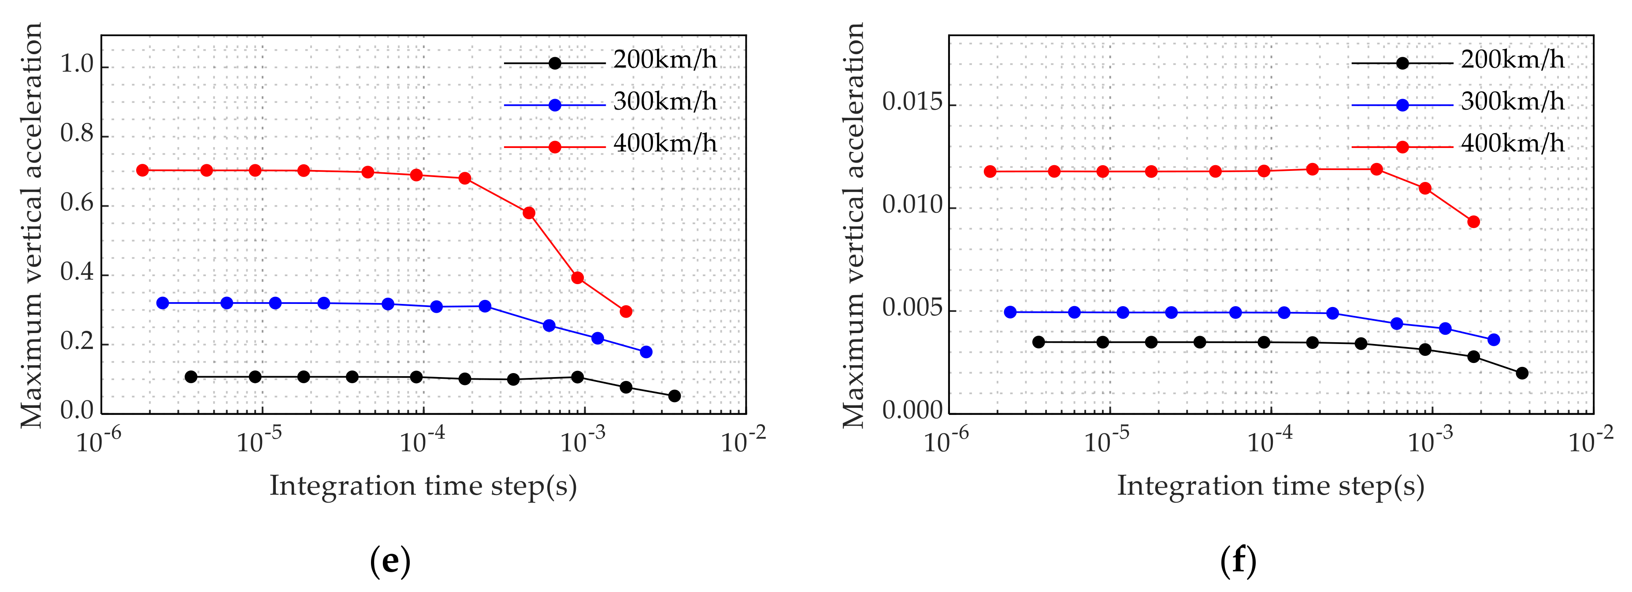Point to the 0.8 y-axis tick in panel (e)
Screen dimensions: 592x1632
pyautogui.click(x=77, y=134)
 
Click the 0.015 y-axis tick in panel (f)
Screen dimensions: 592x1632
pyautogui.click(x=912, y=103)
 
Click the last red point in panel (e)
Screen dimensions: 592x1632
pyautogui.click(x=626, y=311)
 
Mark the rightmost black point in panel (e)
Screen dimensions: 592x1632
pyautogui.click(x=675, y=396)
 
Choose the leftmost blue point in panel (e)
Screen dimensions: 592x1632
pyautogui.click(x=163, y=303)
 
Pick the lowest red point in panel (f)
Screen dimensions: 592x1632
pyautogui.click(x=1474, y=222)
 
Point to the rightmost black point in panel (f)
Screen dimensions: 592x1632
pyautogui.click(x=1522, y=373)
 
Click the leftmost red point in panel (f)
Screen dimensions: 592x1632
pyautogui.click(x=990, y=172)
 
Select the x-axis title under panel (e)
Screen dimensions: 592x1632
pyautogui.click(x=423, y=486)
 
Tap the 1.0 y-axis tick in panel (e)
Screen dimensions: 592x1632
pyautogui.click(x=77, y=65)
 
